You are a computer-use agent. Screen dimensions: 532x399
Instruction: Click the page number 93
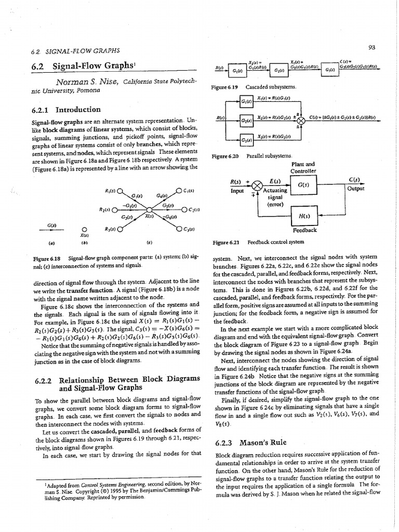point(371,47)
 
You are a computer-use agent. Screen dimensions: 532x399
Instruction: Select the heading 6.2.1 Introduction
point(66,110)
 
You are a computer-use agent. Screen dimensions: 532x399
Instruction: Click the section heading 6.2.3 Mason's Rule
point(250,443)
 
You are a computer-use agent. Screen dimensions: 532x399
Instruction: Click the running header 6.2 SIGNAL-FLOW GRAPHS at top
point(76,50)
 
